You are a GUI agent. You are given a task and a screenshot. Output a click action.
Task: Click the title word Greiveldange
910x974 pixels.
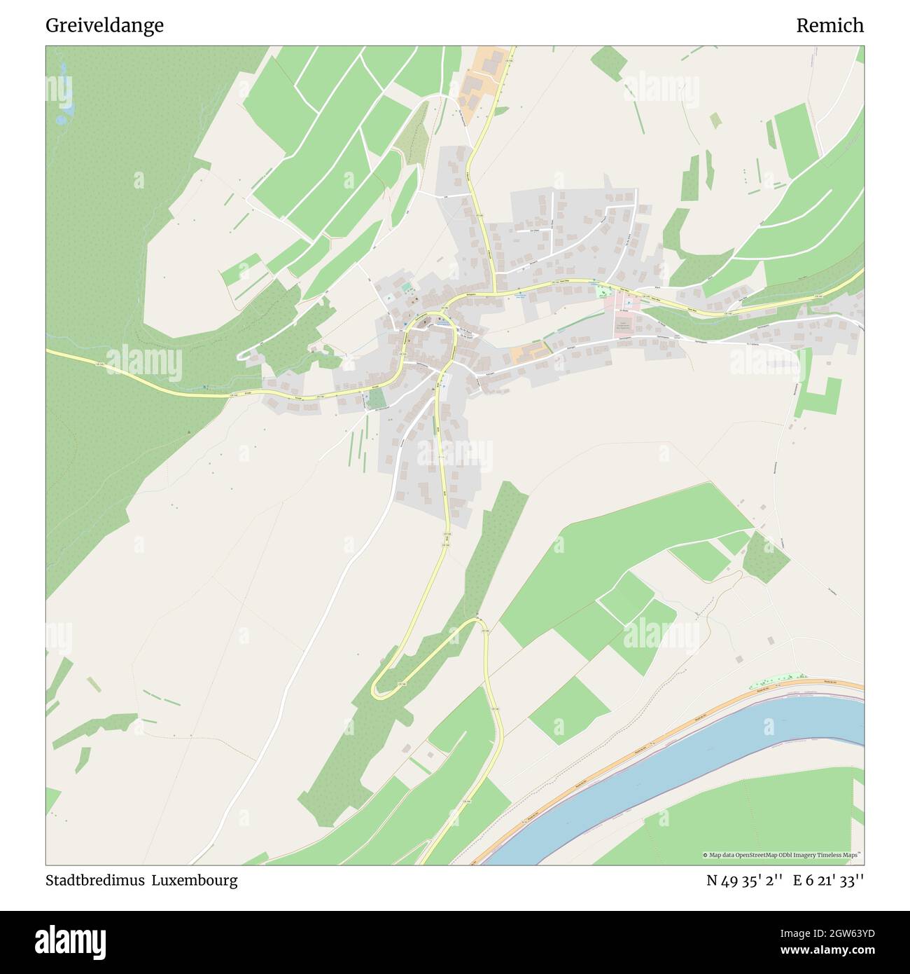[104, 26]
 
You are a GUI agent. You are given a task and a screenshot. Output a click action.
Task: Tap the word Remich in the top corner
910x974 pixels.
[829, 26]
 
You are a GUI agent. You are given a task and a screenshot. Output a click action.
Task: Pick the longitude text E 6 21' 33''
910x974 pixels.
[828, 881]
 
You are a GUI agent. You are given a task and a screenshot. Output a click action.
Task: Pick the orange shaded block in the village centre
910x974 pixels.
[531, 353]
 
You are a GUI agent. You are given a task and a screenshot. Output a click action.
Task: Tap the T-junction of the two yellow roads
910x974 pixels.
[495, 292]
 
